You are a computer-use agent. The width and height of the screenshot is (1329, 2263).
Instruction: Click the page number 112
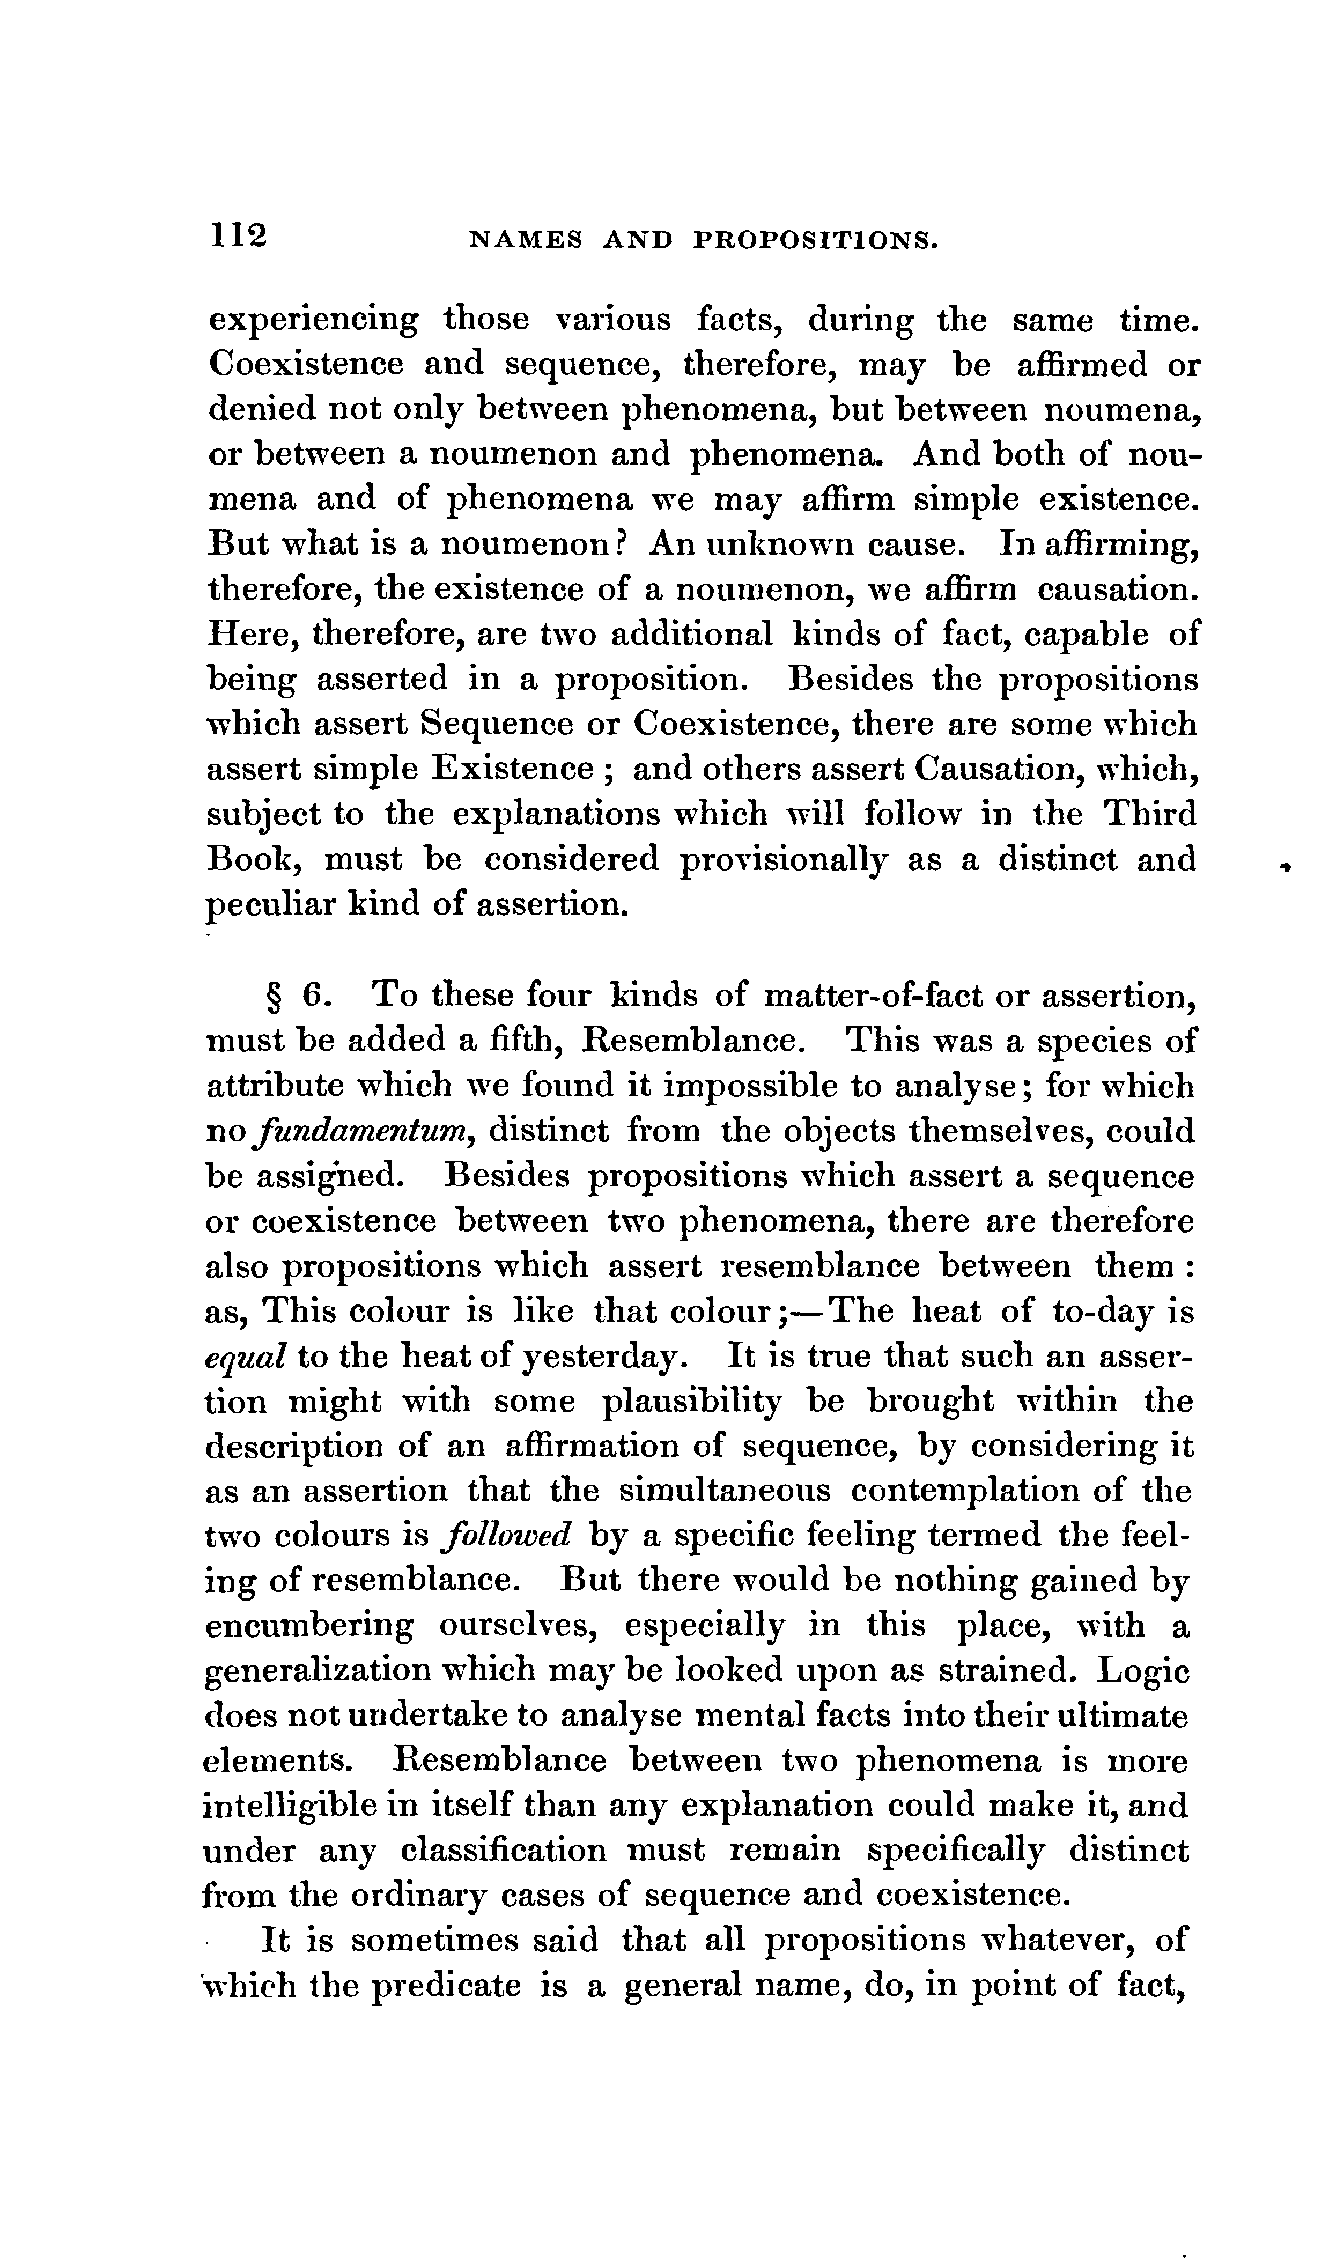(239, 235)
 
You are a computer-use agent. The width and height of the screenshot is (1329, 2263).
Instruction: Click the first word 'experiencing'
(313, 321)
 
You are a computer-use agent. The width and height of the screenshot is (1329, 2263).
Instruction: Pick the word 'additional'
(691, 635)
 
